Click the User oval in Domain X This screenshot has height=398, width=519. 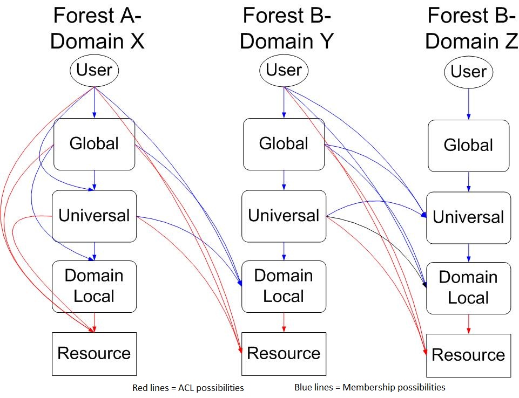[95, 71]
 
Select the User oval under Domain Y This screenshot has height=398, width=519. [284, 71]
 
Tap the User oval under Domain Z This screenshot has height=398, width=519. [468, 72]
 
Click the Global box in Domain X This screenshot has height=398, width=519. [95, 145]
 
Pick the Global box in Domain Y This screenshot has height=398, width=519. [284, 145]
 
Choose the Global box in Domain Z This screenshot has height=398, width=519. [468, 146]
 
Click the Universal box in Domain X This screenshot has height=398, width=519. [95, 216]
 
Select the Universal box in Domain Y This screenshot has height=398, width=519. [284, 216]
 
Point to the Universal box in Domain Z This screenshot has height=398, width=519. [468, 218]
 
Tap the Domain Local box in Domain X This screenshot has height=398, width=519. [95, 286]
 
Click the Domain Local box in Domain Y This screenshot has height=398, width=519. [284, 286]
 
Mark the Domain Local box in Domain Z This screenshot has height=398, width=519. [468, 288]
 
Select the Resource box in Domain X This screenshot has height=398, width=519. [95, 354]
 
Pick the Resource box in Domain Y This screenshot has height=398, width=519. [284, 354]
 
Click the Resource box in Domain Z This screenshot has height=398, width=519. [468, 356]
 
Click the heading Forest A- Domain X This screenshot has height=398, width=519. [97, 29]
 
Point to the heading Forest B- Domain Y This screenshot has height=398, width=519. [287, 29]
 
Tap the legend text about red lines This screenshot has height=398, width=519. [188, 388]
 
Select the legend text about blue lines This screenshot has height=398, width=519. [370, 387]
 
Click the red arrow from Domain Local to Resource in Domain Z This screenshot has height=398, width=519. [468, 324]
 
